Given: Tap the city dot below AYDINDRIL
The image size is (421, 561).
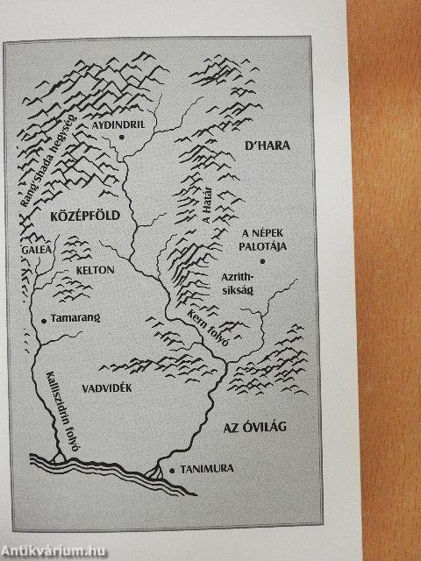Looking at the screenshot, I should coord(123,138).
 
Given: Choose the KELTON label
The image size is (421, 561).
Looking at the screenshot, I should coord(95,270).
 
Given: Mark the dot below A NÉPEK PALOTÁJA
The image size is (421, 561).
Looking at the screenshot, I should coord(263,260).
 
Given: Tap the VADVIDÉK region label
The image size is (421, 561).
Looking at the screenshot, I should coord(104,388).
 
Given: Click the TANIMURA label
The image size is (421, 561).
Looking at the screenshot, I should coord(207,469).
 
